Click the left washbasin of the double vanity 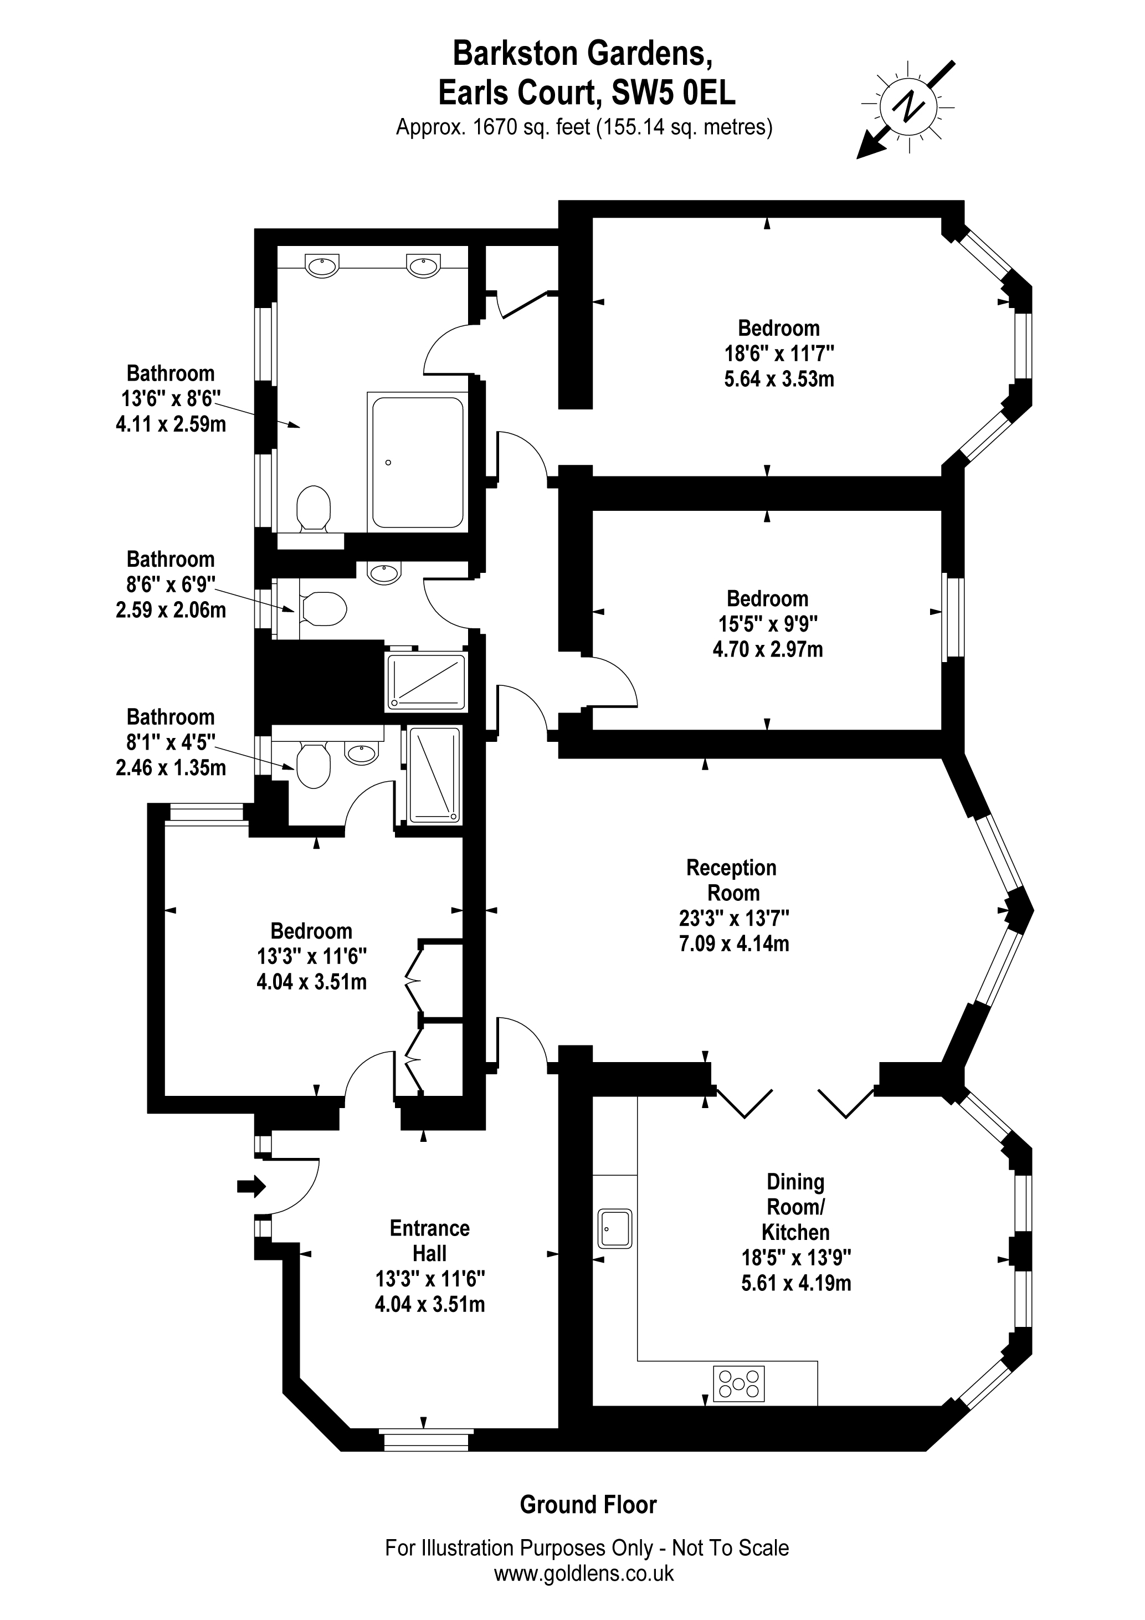coord(322,266)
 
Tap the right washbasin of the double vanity coord(423,266)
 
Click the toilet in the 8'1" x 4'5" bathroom coord(313,765)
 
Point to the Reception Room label coord(732,880)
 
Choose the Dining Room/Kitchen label coord(795,1207)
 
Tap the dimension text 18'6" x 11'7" coord(779,353)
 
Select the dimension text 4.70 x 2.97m coord(768,649)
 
